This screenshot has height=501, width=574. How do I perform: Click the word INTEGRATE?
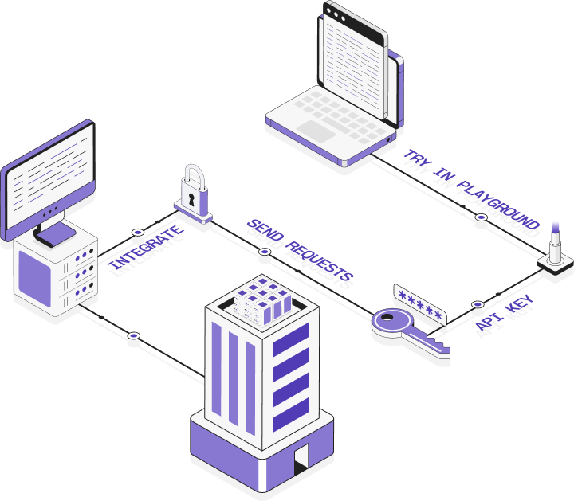pos(146,248)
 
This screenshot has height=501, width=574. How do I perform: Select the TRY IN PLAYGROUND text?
pos(470,189)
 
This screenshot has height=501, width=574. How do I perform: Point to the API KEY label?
pos(504,312)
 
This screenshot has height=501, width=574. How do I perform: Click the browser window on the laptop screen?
pos(352,53)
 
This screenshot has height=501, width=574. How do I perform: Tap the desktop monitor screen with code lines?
pos(49,172)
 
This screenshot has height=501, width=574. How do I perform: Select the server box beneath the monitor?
pos(54,272)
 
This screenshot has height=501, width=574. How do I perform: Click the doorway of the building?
pos(301,460)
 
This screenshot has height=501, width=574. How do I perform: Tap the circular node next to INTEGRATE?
pos(138,232)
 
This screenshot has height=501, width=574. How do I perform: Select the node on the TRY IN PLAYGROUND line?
pos(480,217)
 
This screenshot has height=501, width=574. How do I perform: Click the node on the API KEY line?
pos(478,303)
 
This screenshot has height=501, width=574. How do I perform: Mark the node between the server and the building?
pos(134,335)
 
